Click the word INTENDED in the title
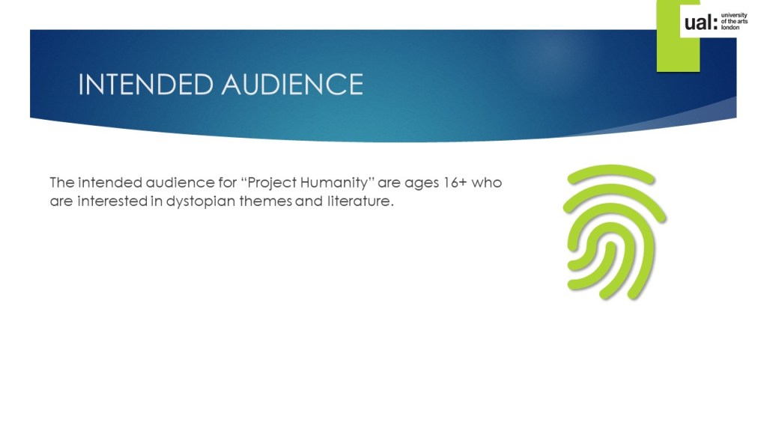click(146, 84)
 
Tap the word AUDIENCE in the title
click(293, 84)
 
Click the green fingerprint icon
click(614, 232)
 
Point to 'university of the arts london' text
click(734, 22)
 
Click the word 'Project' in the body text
click(272, 183)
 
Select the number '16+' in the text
click(455, 183)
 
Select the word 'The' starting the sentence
click(62, 183)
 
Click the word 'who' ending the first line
click(487, 183)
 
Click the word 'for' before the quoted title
click(228, 183)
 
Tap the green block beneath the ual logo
click(678, 54)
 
